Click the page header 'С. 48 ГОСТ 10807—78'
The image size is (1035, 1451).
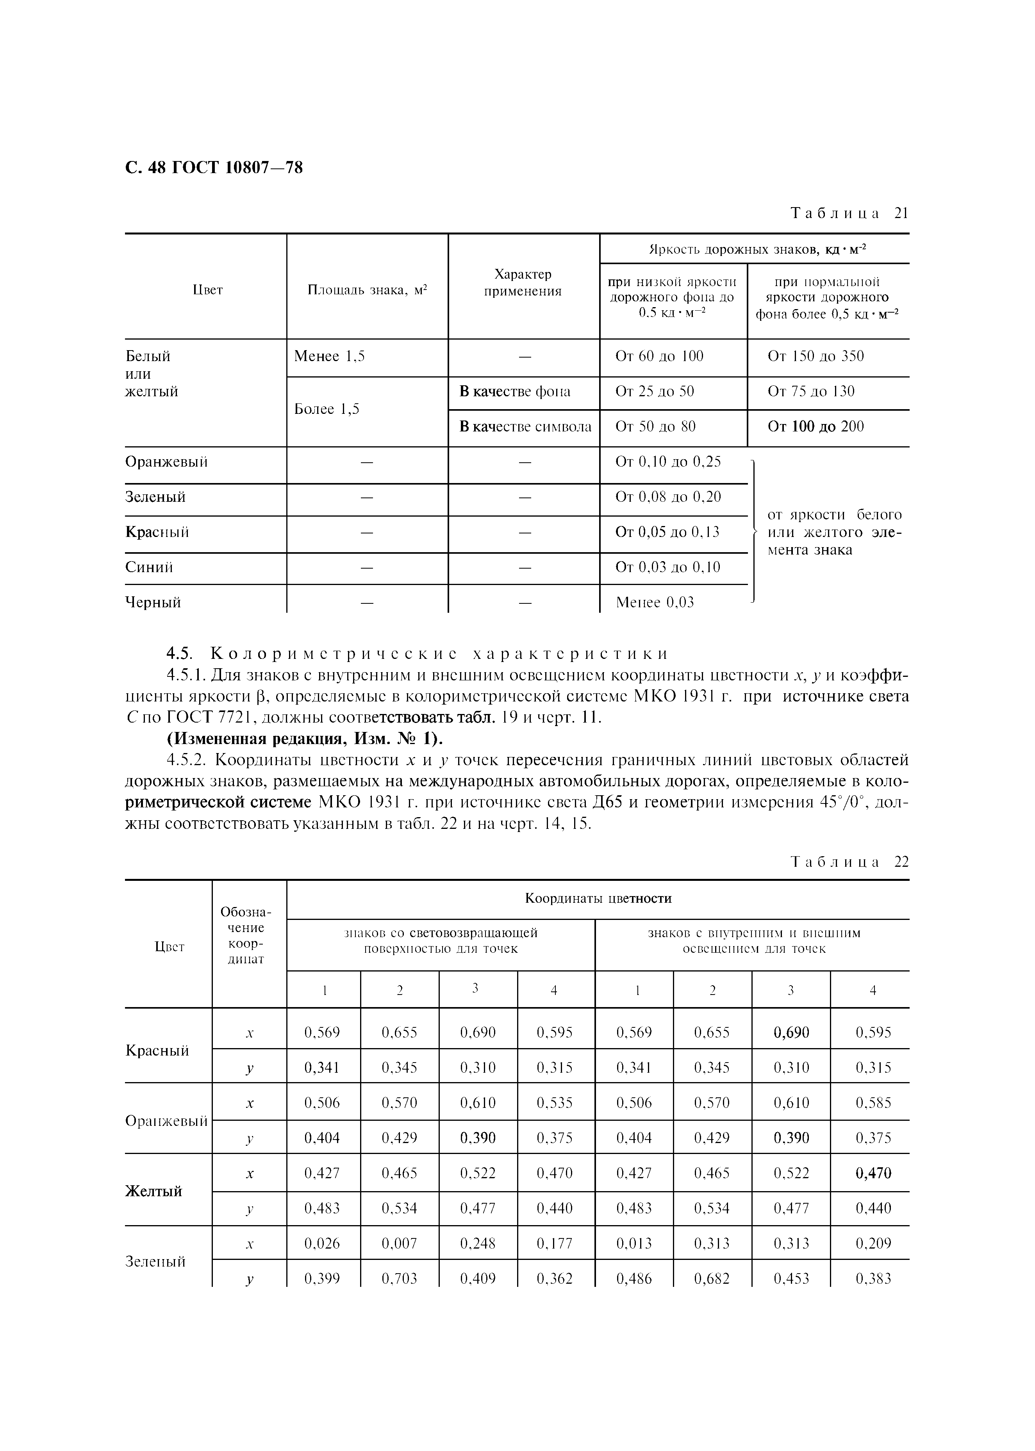pyautogui.click(x=214, y=168)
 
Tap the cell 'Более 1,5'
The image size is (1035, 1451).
pyautogui.click(x=326, y=409)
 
